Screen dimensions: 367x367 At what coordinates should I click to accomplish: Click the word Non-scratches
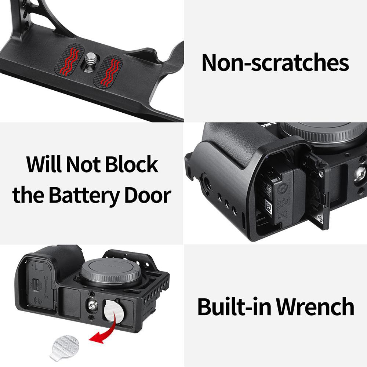pyautogui.click(x=275, y=62)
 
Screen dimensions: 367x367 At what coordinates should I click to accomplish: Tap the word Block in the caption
pyautogui.click(x=131, y=165)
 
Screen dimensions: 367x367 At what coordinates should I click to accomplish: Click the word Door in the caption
pyautogui.click(x=148, y=195)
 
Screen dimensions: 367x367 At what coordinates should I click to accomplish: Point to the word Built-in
pyautogui.click(x=234, y=307)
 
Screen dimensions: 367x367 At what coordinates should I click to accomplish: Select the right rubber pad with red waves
pyautogui.click(x=109, y=70)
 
